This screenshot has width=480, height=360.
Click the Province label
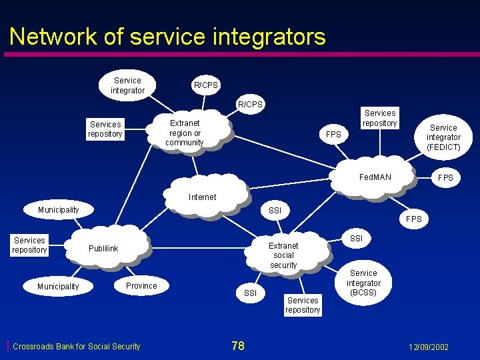point(141,286)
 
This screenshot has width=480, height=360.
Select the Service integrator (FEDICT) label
point(443,137)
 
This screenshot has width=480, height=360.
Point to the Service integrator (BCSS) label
point(363,283)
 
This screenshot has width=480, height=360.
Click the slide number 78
point(238,345)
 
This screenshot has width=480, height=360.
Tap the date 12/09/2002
point(429,347)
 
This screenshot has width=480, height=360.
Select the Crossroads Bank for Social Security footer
point(77,347)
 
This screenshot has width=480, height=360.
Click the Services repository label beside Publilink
point(29,245)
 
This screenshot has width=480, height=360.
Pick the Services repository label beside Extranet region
point(105,129)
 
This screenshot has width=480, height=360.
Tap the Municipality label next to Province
point(58,287)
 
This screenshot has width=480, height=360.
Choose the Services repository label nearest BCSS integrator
point(303,305)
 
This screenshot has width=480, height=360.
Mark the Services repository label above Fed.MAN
point(380,118)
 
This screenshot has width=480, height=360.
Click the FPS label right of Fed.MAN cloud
point(445,178)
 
